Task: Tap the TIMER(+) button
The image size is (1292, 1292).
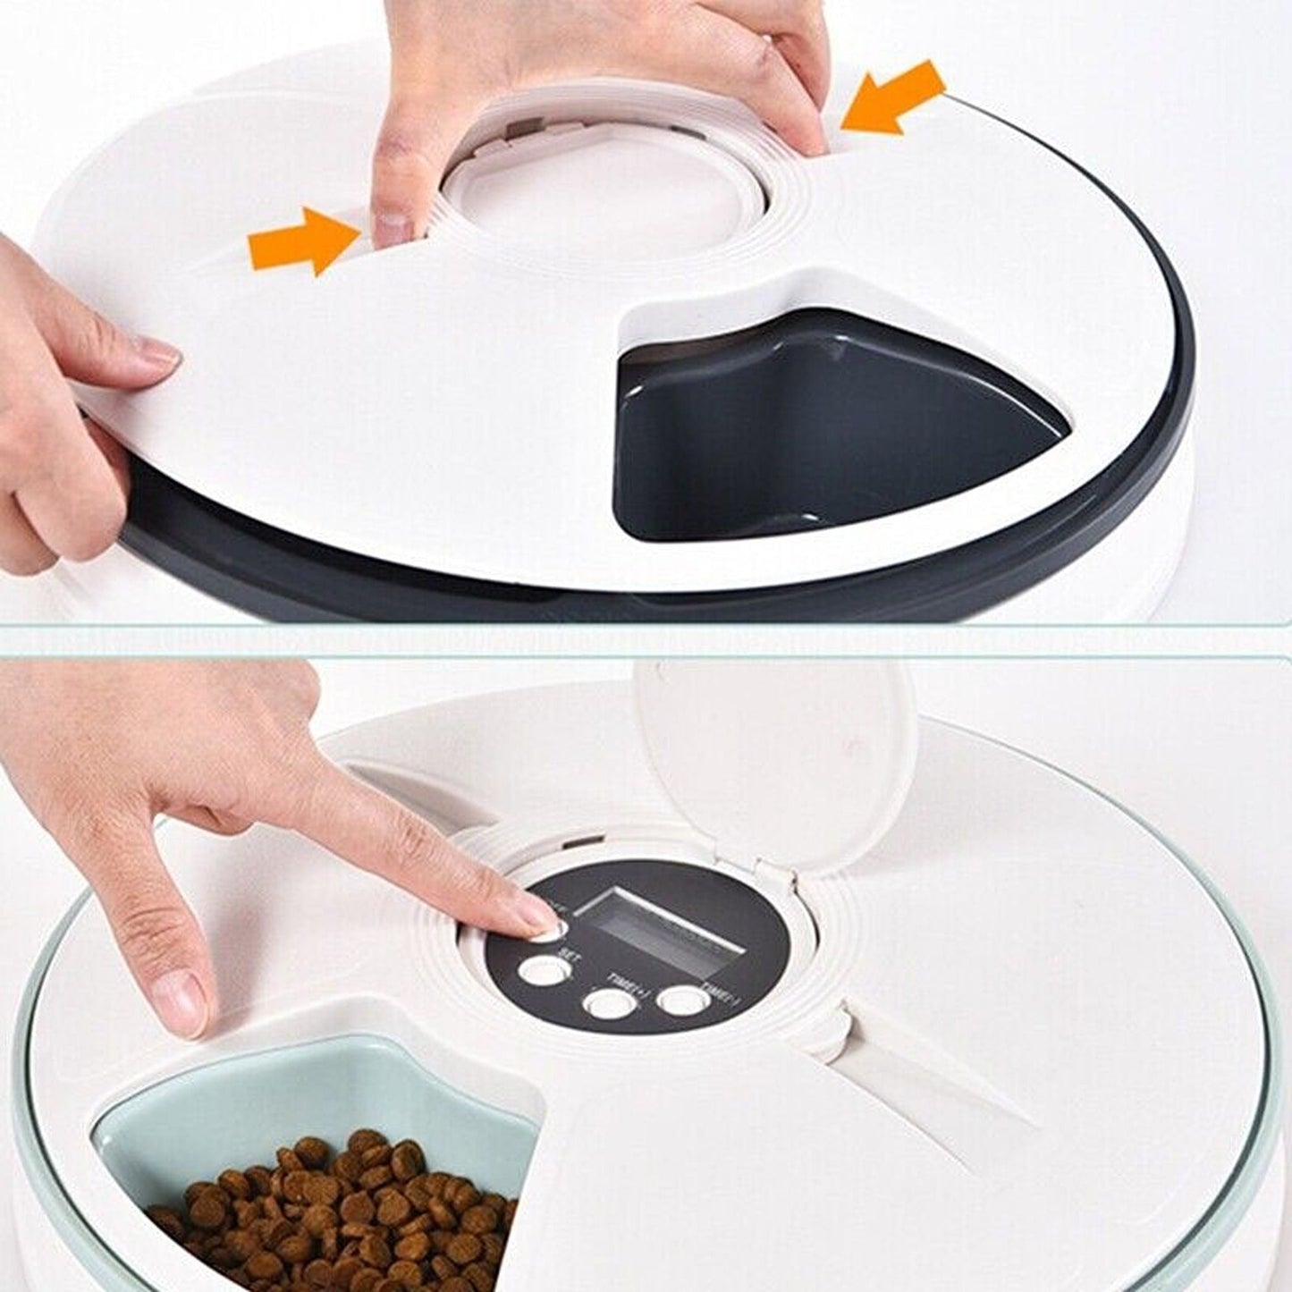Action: [607, 1003]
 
